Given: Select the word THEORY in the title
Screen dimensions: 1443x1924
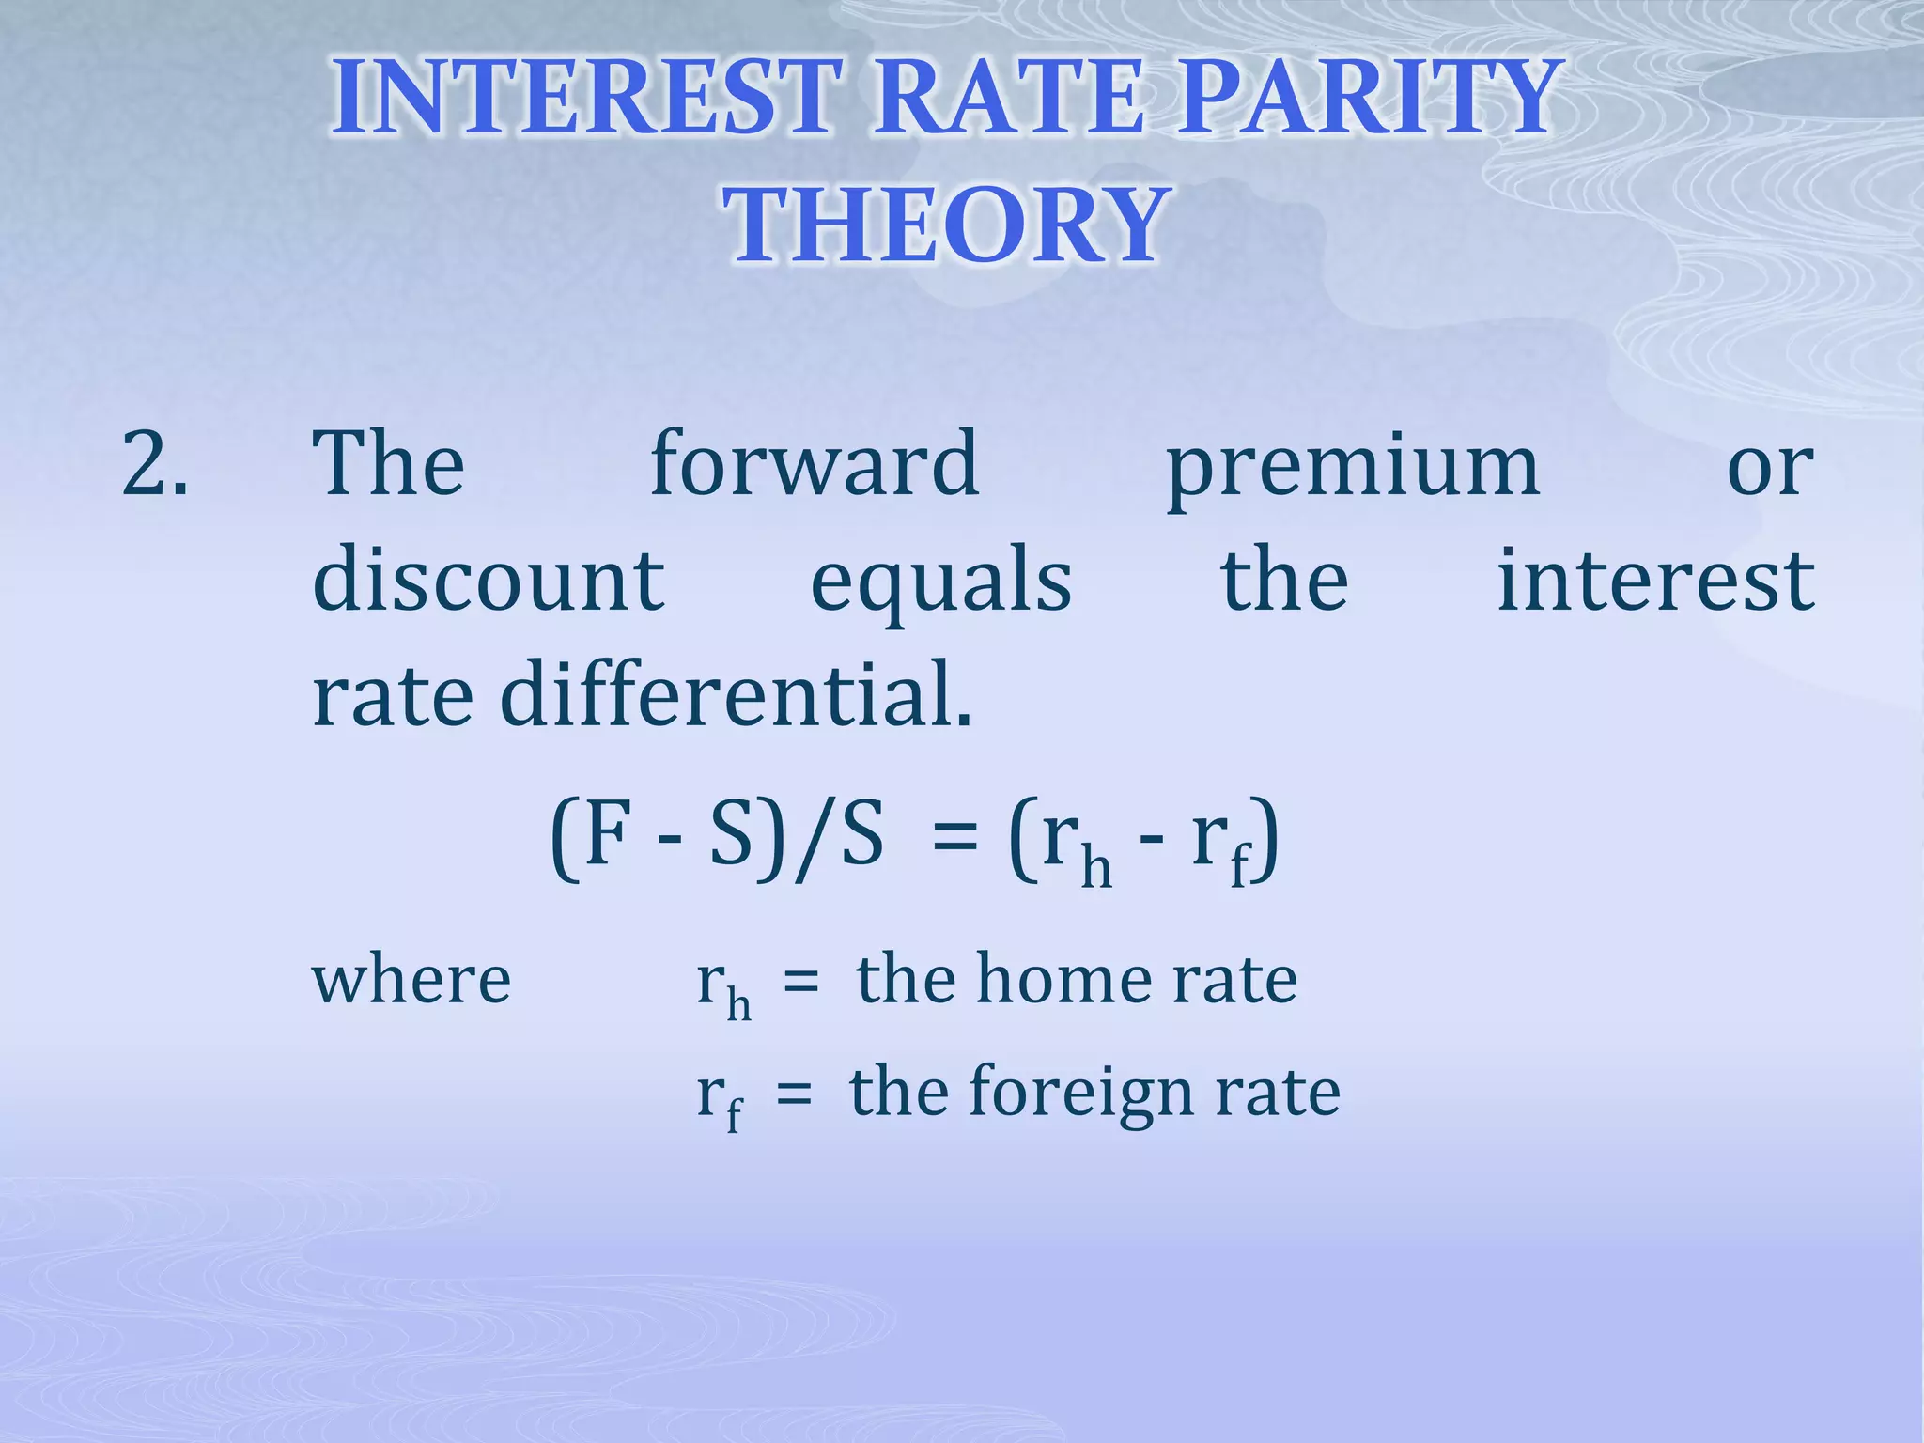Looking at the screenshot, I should point(947,225).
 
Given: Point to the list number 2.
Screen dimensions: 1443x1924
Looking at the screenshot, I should point(155,464).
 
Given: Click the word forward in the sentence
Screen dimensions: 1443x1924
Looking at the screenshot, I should point(815,464).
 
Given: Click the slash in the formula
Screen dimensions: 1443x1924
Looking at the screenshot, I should point(814,838).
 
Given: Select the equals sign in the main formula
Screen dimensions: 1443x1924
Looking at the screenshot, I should point(955,839).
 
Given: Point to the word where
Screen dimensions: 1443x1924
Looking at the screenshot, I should point(411,980).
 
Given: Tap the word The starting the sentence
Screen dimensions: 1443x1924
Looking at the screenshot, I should point(388,464).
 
